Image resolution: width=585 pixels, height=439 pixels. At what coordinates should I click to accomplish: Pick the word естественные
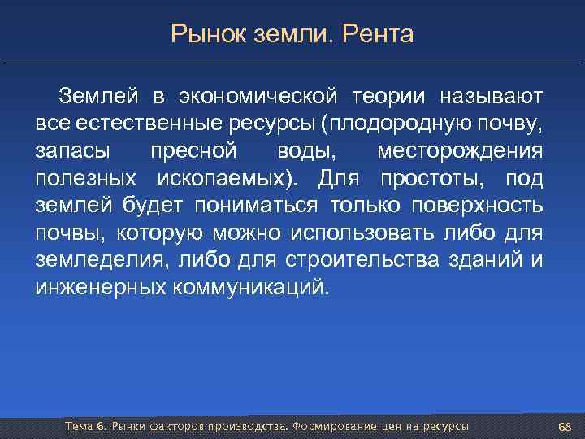click(145, 125)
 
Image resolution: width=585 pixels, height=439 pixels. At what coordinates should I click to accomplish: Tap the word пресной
click(194, 152)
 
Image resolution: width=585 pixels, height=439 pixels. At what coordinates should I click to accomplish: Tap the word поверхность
click(480, 206)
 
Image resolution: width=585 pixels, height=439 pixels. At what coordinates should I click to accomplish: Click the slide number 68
click(565, 427)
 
